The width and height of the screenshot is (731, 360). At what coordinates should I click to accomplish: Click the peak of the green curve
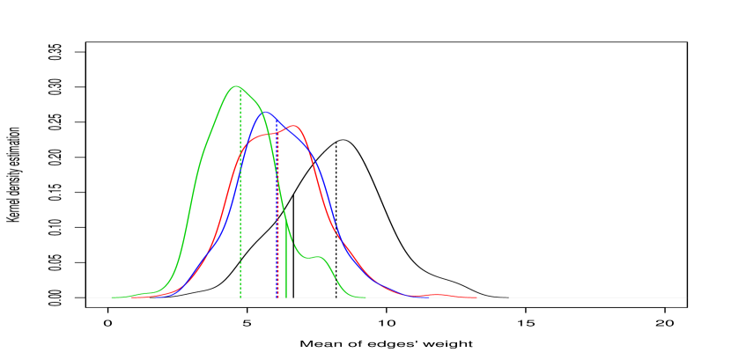[235, 86]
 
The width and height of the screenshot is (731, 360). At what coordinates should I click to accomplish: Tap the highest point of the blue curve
[265, 113]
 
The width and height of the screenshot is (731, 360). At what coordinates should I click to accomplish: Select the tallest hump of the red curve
[294, 126]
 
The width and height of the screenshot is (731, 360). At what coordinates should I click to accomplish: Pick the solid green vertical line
[286, 264]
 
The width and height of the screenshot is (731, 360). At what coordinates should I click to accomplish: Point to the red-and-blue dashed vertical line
[277, 229]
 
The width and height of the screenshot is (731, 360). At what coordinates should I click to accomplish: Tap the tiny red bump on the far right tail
[436, 295]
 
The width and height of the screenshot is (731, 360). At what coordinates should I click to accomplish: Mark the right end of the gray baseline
[685, 298]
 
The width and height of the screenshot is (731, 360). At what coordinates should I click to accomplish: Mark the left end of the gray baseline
[87, 298]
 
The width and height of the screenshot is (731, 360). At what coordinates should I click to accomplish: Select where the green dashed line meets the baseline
[240, 298]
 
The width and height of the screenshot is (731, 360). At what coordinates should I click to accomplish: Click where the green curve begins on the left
[114, 297]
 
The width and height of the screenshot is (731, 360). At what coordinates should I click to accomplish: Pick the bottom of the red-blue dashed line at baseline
[277, 298]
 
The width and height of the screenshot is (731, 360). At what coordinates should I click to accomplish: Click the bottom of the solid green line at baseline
[286, 298]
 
